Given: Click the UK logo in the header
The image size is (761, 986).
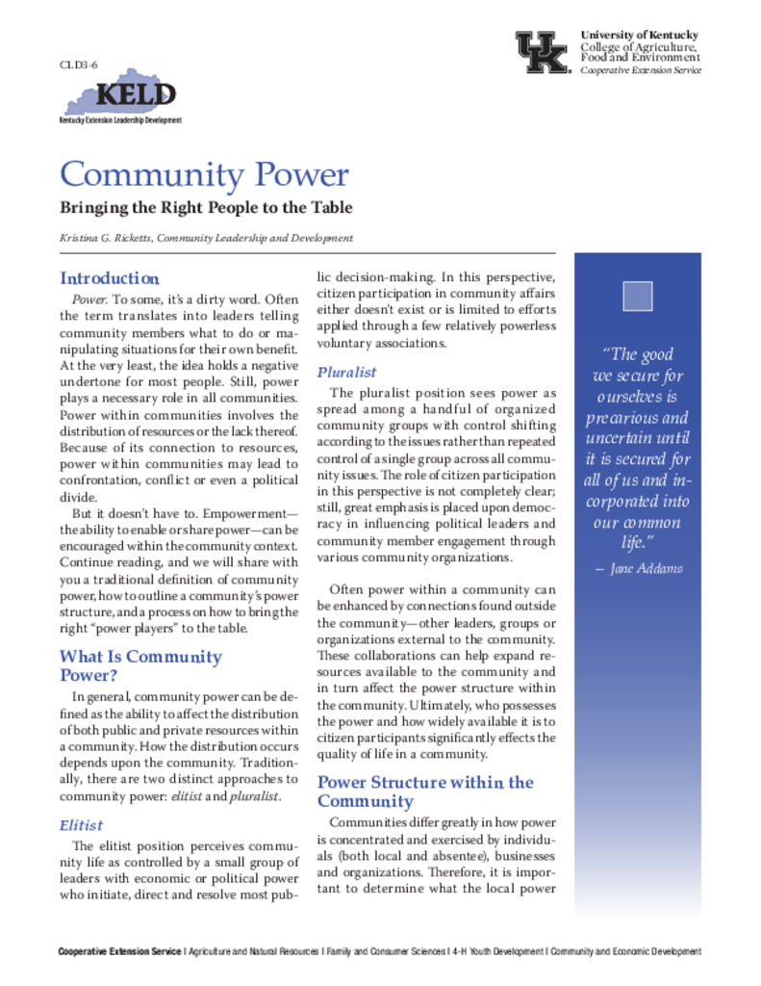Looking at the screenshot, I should (543, 52).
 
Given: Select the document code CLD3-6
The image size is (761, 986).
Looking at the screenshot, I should (79, 64).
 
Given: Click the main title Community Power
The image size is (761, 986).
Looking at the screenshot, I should (203, 175).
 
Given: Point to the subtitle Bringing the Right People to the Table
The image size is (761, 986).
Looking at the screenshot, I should (206, 208).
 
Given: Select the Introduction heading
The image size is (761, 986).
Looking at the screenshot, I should (109, 278).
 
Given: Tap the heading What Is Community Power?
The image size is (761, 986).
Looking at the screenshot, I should (140, 665).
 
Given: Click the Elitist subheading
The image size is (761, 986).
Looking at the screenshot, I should (81, 825).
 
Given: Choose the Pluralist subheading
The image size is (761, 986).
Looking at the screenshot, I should (346, 372).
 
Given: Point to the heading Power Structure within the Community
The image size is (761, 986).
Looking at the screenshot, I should (424, 791).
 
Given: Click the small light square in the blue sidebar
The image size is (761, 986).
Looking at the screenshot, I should (637, 296).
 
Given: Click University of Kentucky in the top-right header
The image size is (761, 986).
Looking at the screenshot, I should (639, 36).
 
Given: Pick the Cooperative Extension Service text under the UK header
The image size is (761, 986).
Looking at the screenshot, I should (641, 70).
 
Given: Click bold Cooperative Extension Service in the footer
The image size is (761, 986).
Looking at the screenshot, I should (119, 952).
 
